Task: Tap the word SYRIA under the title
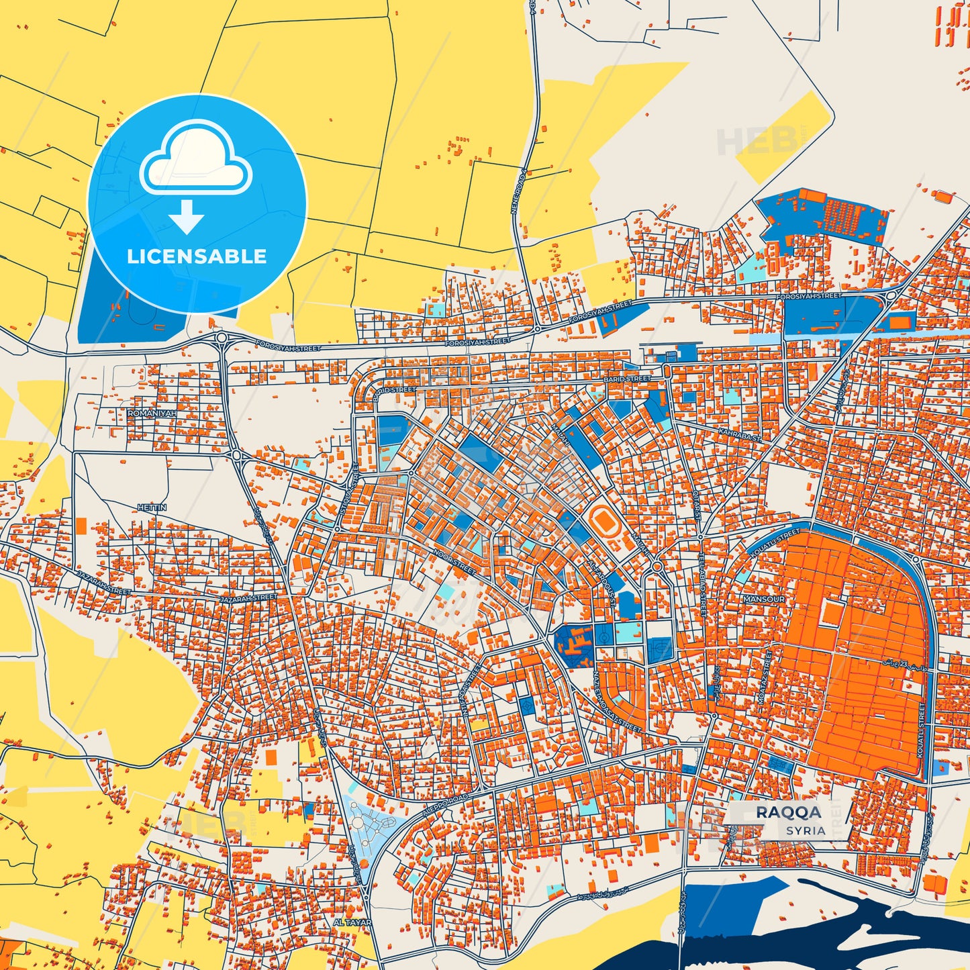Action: [806, 830]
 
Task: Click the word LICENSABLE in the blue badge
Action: [197, 256]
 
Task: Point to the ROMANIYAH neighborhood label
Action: [152, 414]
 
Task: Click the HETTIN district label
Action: [151, 508]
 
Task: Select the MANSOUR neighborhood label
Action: [763, 599]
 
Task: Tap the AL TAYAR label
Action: [352, 922]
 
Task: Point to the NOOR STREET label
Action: [454, 563]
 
